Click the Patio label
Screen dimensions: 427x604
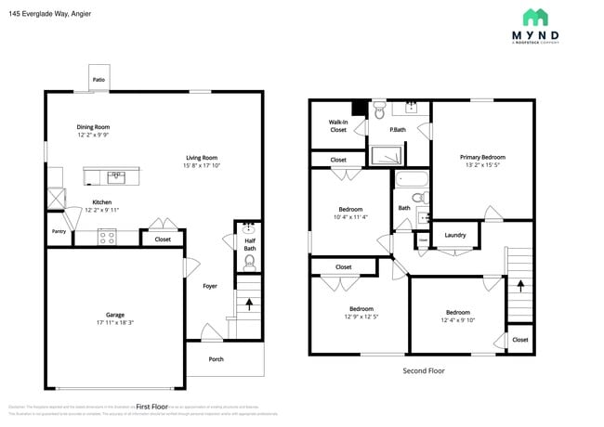[x=98, y=80]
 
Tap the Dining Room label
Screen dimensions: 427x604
[x=93, y=127]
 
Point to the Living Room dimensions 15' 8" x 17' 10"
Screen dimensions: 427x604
[x=202, y=166]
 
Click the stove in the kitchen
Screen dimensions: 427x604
[x=107, y=237]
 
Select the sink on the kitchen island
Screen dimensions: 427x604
[x=116, y=174]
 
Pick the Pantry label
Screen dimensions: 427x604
[x=59, y=231]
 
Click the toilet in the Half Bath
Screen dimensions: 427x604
[x=249, y=262]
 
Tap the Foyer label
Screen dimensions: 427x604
[x=210, y=286]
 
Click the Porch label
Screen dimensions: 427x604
[x=216, y=359]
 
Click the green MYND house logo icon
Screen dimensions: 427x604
[x=534, y=17]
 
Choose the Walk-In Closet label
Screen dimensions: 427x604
[x=338, y=125]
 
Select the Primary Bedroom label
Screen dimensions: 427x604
[x=483, y=157]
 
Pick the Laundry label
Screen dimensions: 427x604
[x=455, y=235]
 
